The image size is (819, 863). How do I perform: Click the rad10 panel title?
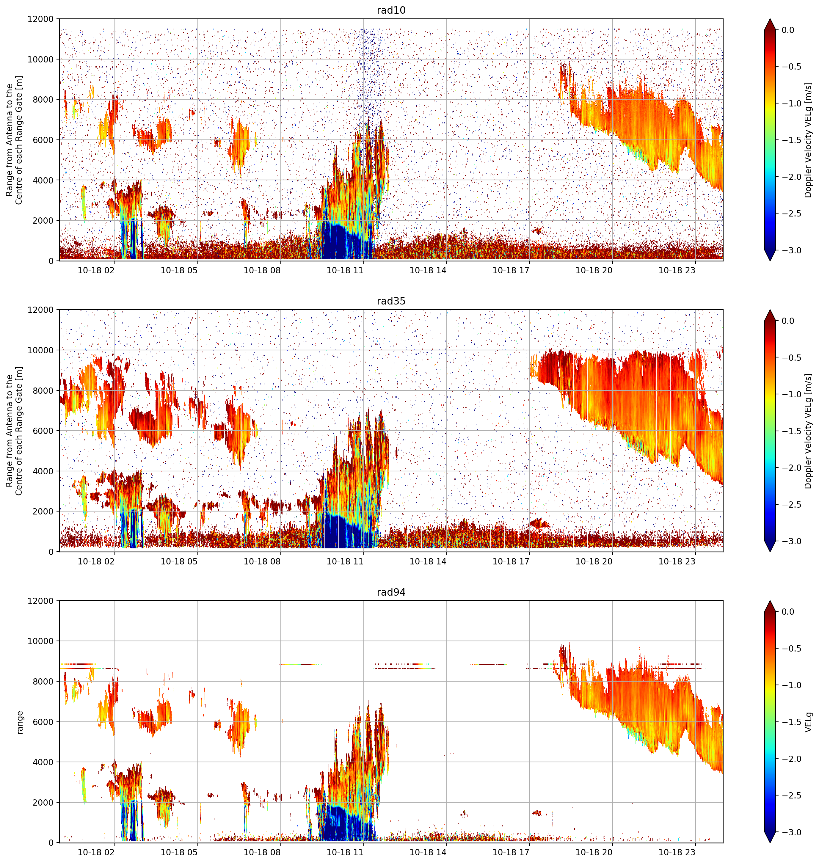pos(391,10)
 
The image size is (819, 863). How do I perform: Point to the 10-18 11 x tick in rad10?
pos(345,270)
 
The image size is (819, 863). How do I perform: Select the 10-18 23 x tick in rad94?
pos(677,852)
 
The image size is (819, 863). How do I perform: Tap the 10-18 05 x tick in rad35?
pos(179,561)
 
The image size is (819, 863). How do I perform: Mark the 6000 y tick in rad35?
pos(43,431)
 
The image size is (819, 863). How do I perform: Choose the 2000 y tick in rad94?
pos(43,802)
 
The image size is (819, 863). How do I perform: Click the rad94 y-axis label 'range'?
pos(20,722)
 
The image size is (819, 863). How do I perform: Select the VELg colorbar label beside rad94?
pos(809,722)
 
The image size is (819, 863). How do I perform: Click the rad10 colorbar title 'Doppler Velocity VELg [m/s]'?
pos(809,140)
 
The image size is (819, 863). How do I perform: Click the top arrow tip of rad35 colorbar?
pos(770,310)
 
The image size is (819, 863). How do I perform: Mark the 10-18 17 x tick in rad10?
pos(511,270)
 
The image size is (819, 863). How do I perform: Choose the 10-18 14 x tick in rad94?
pos(428,852)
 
